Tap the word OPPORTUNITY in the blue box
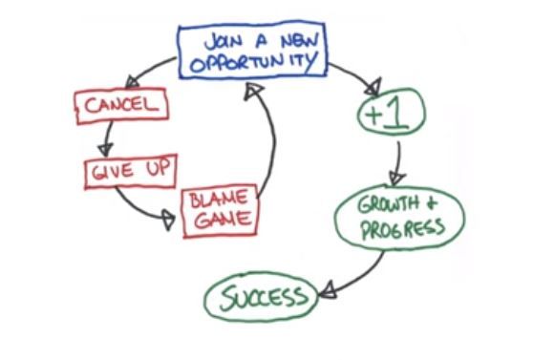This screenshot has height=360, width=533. pyautogui.click(x=254, y=61)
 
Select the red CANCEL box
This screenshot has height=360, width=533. pyautogui.click(x=121, y=105)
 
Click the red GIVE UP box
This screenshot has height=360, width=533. pyautogui.click(x=131, y=171)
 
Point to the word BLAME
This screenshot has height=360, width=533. pyautogui.click(x=219, y=199)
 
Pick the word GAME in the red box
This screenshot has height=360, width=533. pyautogui.click(x=223, y=220)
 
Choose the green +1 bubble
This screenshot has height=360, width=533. pyautogui.click(x=392, y=112)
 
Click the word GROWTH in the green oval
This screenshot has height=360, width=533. pyautogui.click(x=389, y=203)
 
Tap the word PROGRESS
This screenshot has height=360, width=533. pyautogui.click(x=402, y=228)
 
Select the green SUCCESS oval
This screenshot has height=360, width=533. pyautogui.click(x=262, y=297)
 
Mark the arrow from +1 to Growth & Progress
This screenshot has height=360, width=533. pyautogui.click(x=398, y=163)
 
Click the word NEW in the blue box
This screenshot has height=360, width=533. pyautogui.click(x=299, y=41)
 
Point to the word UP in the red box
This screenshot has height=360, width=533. pyautogui.click(x=158, y=168)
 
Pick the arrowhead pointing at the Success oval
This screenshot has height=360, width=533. pyautogui.click(x=327, y=290)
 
